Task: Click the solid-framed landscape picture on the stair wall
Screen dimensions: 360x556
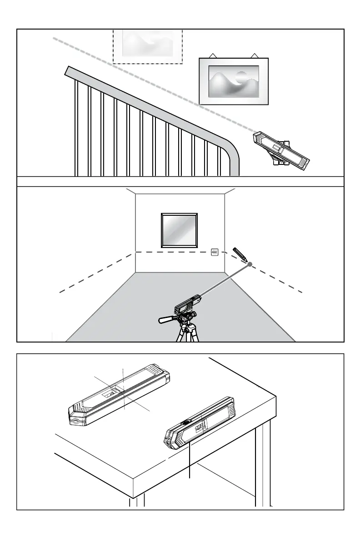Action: [234, 81]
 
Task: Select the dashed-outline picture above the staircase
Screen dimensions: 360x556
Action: [147, 46]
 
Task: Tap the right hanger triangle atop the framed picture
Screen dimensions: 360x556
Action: [255, 55]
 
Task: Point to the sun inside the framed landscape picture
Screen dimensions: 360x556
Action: [241, 76]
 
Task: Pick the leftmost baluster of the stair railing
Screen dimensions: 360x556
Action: [75, 127]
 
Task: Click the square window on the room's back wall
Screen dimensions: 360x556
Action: [180, 228]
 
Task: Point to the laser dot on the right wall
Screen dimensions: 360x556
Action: [250, 263]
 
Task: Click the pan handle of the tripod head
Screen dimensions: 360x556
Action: [167, 320]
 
